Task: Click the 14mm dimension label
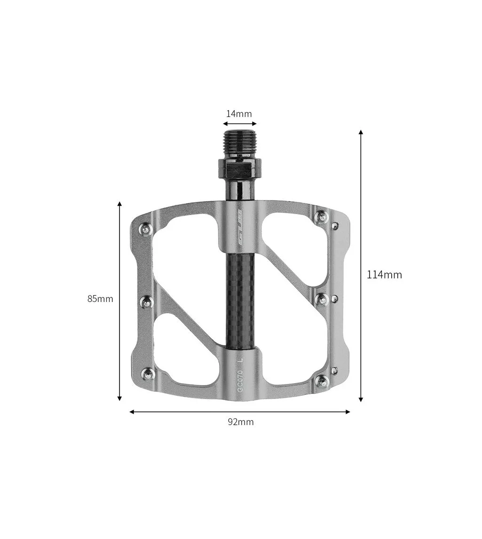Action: click(x=239, y=114)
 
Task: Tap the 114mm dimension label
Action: click(x=384, y=275)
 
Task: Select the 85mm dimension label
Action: click(x=100, y=299)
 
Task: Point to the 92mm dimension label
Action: click(x=241, y=422)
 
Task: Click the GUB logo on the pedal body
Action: click(x=240, y=227)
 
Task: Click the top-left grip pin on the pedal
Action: click(x=146, y=229)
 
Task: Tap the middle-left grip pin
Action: click(x=147, y=302)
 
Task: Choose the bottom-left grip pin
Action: click(x=148, y=374)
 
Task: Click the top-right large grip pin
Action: click(x=322, y=217)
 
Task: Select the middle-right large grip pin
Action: click(x=322, y=299)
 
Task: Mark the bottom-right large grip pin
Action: click(x=322, y=380)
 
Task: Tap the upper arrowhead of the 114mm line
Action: click(x=361, y=133)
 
